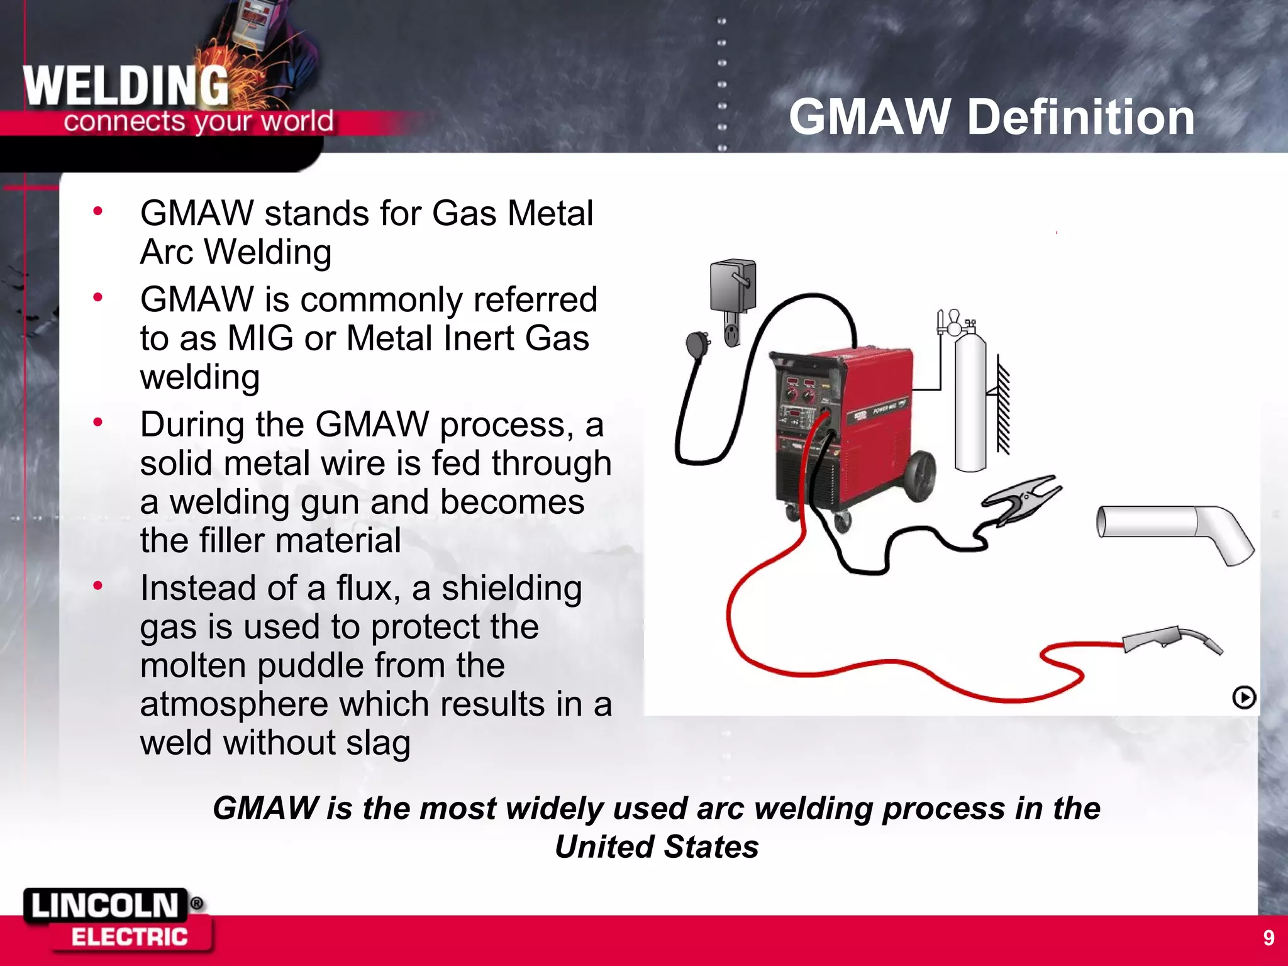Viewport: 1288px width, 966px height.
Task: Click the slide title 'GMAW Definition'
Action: (991, 118)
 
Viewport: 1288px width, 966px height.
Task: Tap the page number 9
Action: (1269, 938)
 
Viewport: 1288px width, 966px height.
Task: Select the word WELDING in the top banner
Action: (126, 86)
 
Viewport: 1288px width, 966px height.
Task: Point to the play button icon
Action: (1243, 697)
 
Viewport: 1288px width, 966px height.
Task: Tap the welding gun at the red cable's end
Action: (1170, 640)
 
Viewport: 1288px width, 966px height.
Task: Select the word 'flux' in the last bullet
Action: (367, 588)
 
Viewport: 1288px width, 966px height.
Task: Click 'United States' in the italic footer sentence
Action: (657, 847)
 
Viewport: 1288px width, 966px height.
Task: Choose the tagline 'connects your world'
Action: (198, 121)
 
